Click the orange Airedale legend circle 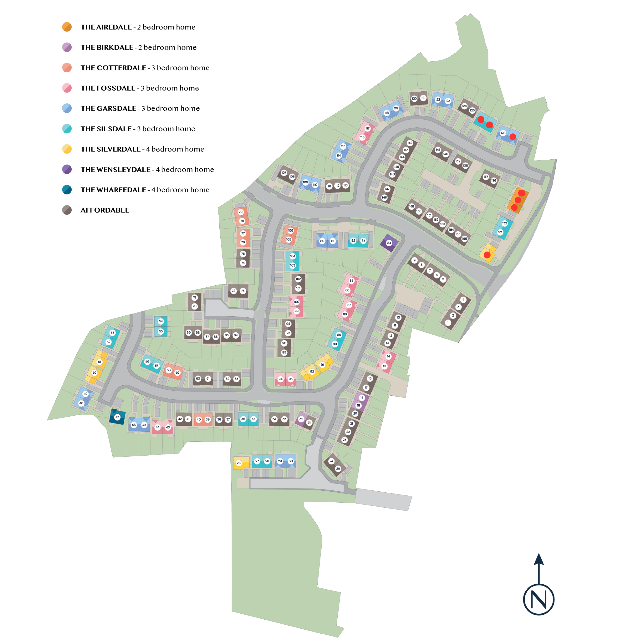(x=67, y=27)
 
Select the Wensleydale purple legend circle (x=67, y=169)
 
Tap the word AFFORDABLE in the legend (x=105, y=210)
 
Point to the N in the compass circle (x=538, y=599)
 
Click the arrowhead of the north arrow (x=539, y=560)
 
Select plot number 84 (x=389, y=243)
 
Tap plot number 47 (x=117, y=417)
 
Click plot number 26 (x=238, y=463)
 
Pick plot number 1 (x=448, y=322)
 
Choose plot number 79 (x=240, y=212)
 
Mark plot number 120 (x=414, y=99)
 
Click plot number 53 (x=112, y=333)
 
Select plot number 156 (x=464, y=239)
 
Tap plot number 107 (x=283, y=173)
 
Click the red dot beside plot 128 (x=512, y=137)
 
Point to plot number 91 (x=322, y=364)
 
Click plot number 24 (x=331, y=461)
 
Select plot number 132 (x=504, y=223)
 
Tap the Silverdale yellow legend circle (x=67, y=149)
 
